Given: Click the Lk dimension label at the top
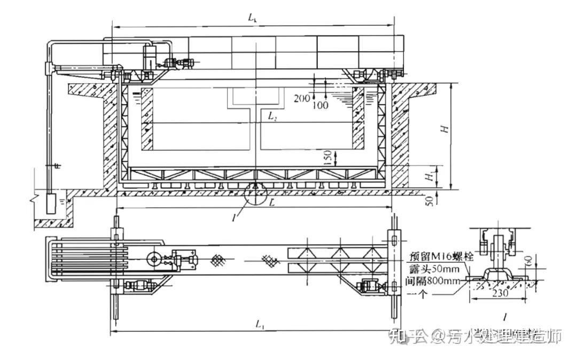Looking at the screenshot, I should pyautogui.click(x=253, y=17).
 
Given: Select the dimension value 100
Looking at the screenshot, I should pyautogui.click(x=321, y=106).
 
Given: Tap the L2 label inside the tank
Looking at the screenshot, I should pyautogui.click(x=272, y=115).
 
